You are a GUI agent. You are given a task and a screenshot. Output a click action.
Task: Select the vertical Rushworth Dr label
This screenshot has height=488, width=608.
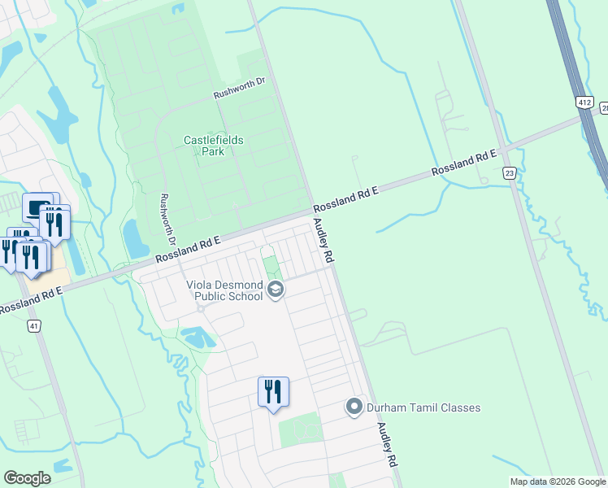pos(168,220)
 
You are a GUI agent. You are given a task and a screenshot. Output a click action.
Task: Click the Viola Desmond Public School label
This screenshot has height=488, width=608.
pos(224,290)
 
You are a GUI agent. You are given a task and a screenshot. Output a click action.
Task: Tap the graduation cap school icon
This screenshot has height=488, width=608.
pos(276,290)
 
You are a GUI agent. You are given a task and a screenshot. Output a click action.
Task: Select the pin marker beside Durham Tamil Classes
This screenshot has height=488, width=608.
pos(354,407)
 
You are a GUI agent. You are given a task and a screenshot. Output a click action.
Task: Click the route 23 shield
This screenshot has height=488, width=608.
pos(509,172)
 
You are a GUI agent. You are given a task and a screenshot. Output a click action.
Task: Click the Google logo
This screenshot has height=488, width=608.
pos(27,478)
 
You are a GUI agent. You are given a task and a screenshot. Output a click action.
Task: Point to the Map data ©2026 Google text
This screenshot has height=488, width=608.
pos(557,481)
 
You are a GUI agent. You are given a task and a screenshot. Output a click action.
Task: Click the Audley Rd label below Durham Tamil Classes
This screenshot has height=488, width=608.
pos(386,444)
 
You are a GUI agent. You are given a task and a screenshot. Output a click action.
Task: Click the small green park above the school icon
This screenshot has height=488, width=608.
pos(270,266)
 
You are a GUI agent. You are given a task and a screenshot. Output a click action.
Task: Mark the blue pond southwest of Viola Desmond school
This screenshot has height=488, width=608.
pos(196,336)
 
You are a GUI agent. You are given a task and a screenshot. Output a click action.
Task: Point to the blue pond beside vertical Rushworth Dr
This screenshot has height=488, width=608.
pos(133,237)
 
